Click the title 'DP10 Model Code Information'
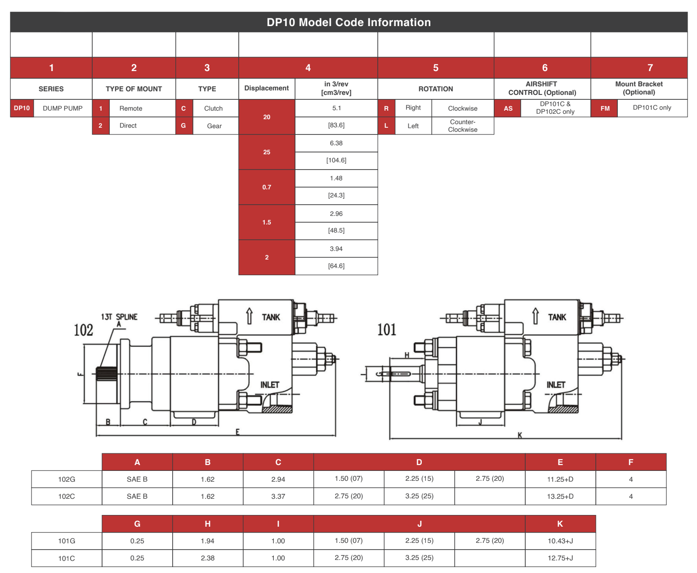click(x=348, y=22)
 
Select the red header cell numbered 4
click(x=308, y=68)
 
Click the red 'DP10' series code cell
click(x=22, y=108)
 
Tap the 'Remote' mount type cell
click(x=131, y=108)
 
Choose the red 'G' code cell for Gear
click(x=183, y=126)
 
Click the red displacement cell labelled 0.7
click(x=267, y=187)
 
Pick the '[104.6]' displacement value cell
click(x=336, y=160)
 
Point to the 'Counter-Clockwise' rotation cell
click(x=462, y=125)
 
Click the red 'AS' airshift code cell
click(x=508, y=108)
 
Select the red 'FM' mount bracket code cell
click(x=605, y=108)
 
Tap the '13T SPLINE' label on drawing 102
click(x=119, y=317)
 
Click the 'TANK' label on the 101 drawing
click(x=557, y=317)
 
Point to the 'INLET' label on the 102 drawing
click(x=270, y=385)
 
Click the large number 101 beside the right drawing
click(x=386, y=330)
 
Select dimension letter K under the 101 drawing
click(x=520, y=435)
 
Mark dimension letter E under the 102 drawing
click(x=237, y=432)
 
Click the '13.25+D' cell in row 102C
click(x=560, y=496)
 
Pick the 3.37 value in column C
click(x=278, y=496)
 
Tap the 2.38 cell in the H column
click(x=207, y=558)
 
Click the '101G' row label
click(x=67, y=541)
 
